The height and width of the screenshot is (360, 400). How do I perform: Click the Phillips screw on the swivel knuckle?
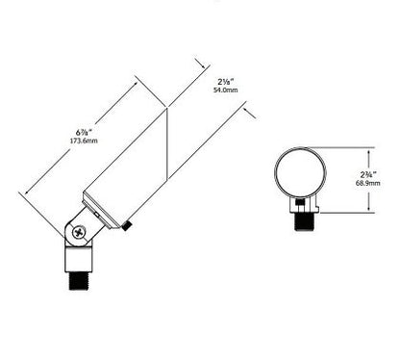(79, 233)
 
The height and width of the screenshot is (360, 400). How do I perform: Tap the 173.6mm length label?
(84, 141)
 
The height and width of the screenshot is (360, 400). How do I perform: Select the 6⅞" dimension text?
(84, 132)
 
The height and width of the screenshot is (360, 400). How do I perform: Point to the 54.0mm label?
(226, 90)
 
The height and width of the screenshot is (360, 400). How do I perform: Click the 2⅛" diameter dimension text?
(225, 82)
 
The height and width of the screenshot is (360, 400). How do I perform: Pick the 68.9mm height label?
(367, 183)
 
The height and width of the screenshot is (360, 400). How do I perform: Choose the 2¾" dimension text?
(368, 175)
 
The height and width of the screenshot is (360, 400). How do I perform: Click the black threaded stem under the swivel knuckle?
(79, 281)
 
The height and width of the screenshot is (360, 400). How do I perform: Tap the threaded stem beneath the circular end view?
(304, 221)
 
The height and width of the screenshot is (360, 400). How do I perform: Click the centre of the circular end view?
(301, 172)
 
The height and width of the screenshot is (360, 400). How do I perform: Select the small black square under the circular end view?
(300, 202)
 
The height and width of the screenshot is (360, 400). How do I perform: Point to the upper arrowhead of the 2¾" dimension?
(369, 152)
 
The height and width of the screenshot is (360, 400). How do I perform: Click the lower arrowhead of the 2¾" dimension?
(369, 208)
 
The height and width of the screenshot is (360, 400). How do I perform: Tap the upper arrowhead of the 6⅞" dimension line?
(136, 85)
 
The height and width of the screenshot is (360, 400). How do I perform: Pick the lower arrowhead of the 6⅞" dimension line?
(27, 192)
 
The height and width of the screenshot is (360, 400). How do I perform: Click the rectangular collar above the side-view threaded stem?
(79, 260)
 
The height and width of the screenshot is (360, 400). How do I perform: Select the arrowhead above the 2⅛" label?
(203, 64)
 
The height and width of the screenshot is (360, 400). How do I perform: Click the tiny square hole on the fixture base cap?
(95, 214)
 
